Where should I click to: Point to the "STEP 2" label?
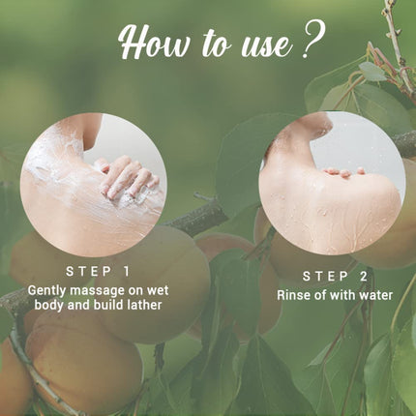point(333,277)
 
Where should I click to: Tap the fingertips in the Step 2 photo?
point(345,172)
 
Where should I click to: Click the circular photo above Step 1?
point(93,185)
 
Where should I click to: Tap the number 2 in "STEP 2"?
point(363,277)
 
